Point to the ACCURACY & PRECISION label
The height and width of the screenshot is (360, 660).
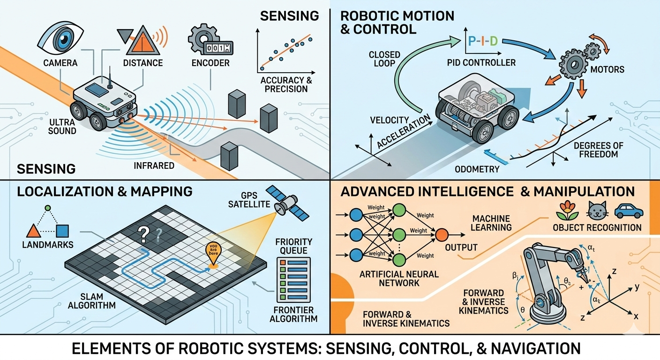point(285,85)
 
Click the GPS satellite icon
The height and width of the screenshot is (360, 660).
point(284,204)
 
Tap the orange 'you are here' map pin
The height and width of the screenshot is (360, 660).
point(213,254)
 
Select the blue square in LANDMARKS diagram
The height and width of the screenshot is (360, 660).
point(63,231)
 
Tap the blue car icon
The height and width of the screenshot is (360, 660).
point(629,211)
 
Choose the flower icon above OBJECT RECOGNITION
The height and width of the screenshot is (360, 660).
point(564,211)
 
